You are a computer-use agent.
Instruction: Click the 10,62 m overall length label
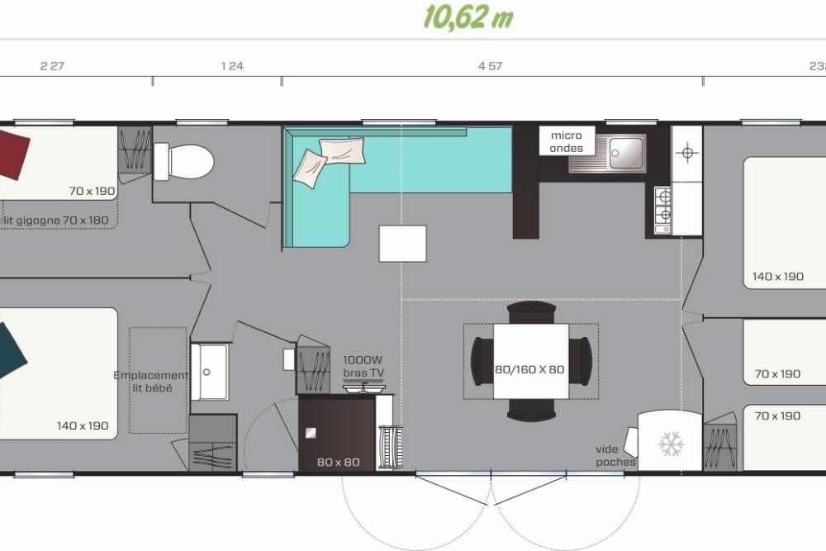pos(468,17)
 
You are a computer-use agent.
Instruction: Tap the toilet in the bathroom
pos(183,162)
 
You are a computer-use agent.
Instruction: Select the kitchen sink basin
pos(626,153)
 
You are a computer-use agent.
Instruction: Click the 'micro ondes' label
pos(567,142)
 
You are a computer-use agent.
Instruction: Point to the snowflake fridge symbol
pos(671,444)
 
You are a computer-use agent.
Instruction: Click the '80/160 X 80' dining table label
pos(529,369)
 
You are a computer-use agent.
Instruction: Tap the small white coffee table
pos(402,244)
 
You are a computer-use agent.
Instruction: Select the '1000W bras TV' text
pos(363,366)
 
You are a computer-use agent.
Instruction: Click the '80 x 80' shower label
pos(338,462)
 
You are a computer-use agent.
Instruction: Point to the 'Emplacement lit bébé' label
pos(150,382)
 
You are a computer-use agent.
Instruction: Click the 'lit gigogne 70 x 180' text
pos(56,221)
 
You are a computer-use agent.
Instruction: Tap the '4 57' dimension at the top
pos(490,66)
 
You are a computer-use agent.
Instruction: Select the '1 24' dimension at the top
pos(232,66)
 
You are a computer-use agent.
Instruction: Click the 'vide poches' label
pos(615,456)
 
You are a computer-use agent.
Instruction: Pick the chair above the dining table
pos(531,312)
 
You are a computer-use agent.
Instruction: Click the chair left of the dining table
pos(482,361)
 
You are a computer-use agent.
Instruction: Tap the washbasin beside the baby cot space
pos(210,372)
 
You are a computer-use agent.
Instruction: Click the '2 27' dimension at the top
pos(52,66)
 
